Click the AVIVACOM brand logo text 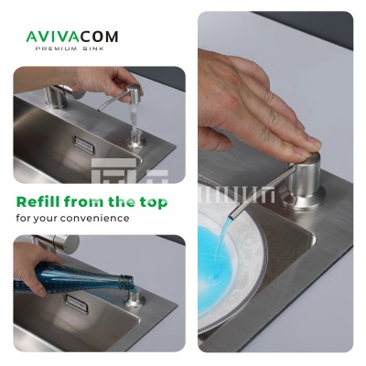pos(72,37)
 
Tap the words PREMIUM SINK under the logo pos(70,48)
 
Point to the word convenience pos(94,219)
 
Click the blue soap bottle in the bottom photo pos(73,279)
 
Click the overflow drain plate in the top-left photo pos(84,145)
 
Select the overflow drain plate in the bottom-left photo pos(77,304)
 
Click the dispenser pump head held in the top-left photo pos(134,91)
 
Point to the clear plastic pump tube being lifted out pos(135,116)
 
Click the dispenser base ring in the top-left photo pos(136,141)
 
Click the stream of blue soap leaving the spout pos(221,244)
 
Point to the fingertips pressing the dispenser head pos(308,146)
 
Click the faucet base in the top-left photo pos(55,97)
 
